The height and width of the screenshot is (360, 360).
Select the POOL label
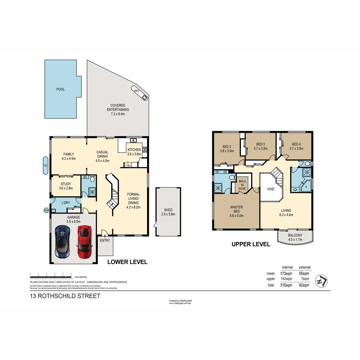[60, 89]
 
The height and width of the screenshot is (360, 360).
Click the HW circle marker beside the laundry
[46, 210]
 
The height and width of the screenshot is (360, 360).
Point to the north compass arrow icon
[322, 281]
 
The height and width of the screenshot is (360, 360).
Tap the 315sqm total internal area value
[286, 285]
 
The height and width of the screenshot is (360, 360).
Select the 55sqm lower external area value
[304, 274]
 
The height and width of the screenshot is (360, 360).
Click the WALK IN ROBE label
[242, 185]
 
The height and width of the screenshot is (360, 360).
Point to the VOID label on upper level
[271, 189]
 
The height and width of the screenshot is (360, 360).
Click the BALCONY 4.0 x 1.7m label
[295, 237]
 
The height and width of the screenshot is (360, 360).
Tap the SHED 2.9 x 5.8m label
[168, 212]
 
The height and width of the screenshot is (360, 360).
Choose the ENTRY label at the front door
[105, 241]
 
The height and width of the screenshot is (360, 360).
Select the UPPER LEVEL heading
[251, 244]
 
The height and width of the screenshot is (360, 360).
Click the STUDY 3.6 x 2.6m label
[66, 186]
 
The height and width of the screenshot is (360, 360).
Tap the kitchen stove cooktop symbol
[145, 150]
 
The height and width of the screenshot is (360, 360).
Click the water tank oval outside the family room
[46, 165]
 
